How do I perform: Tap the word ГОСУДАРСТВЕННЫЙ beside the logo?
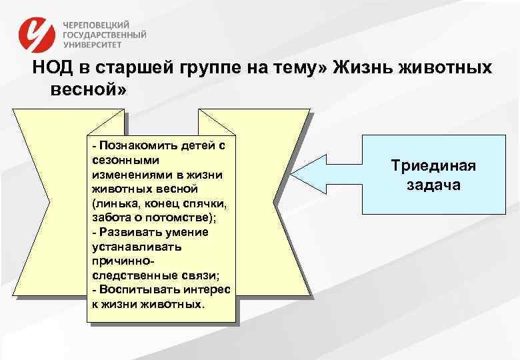(x=105, y=35)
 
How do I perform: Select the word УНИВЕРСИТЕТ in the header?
(x=93, y=46)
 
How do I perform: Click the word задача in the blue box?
(x=433, y=185)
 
